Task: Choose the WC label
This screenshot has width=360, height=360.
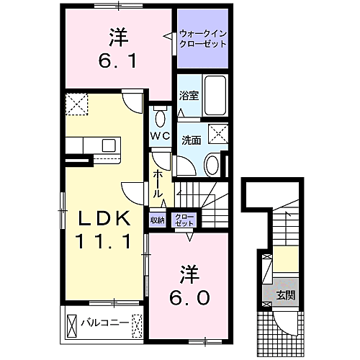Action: coord(160,135)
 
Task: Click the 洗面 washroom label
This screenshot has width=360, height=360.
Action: coord(190,140)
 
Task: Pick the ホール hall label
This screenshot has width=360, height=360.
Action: coord(158,184)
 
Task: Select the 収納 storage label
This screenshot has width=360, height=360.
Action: coord(158,220)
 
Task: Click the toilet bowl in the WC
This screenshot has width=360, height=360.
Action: coord(161,117)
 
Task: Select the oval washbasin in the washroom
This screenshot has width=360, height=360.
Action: coord(213,164)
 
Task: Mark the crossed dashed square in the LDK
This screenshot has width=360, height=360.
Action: coord(75,104)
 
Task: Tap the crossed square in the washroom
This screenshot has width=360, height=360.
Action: coord(217,133)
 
